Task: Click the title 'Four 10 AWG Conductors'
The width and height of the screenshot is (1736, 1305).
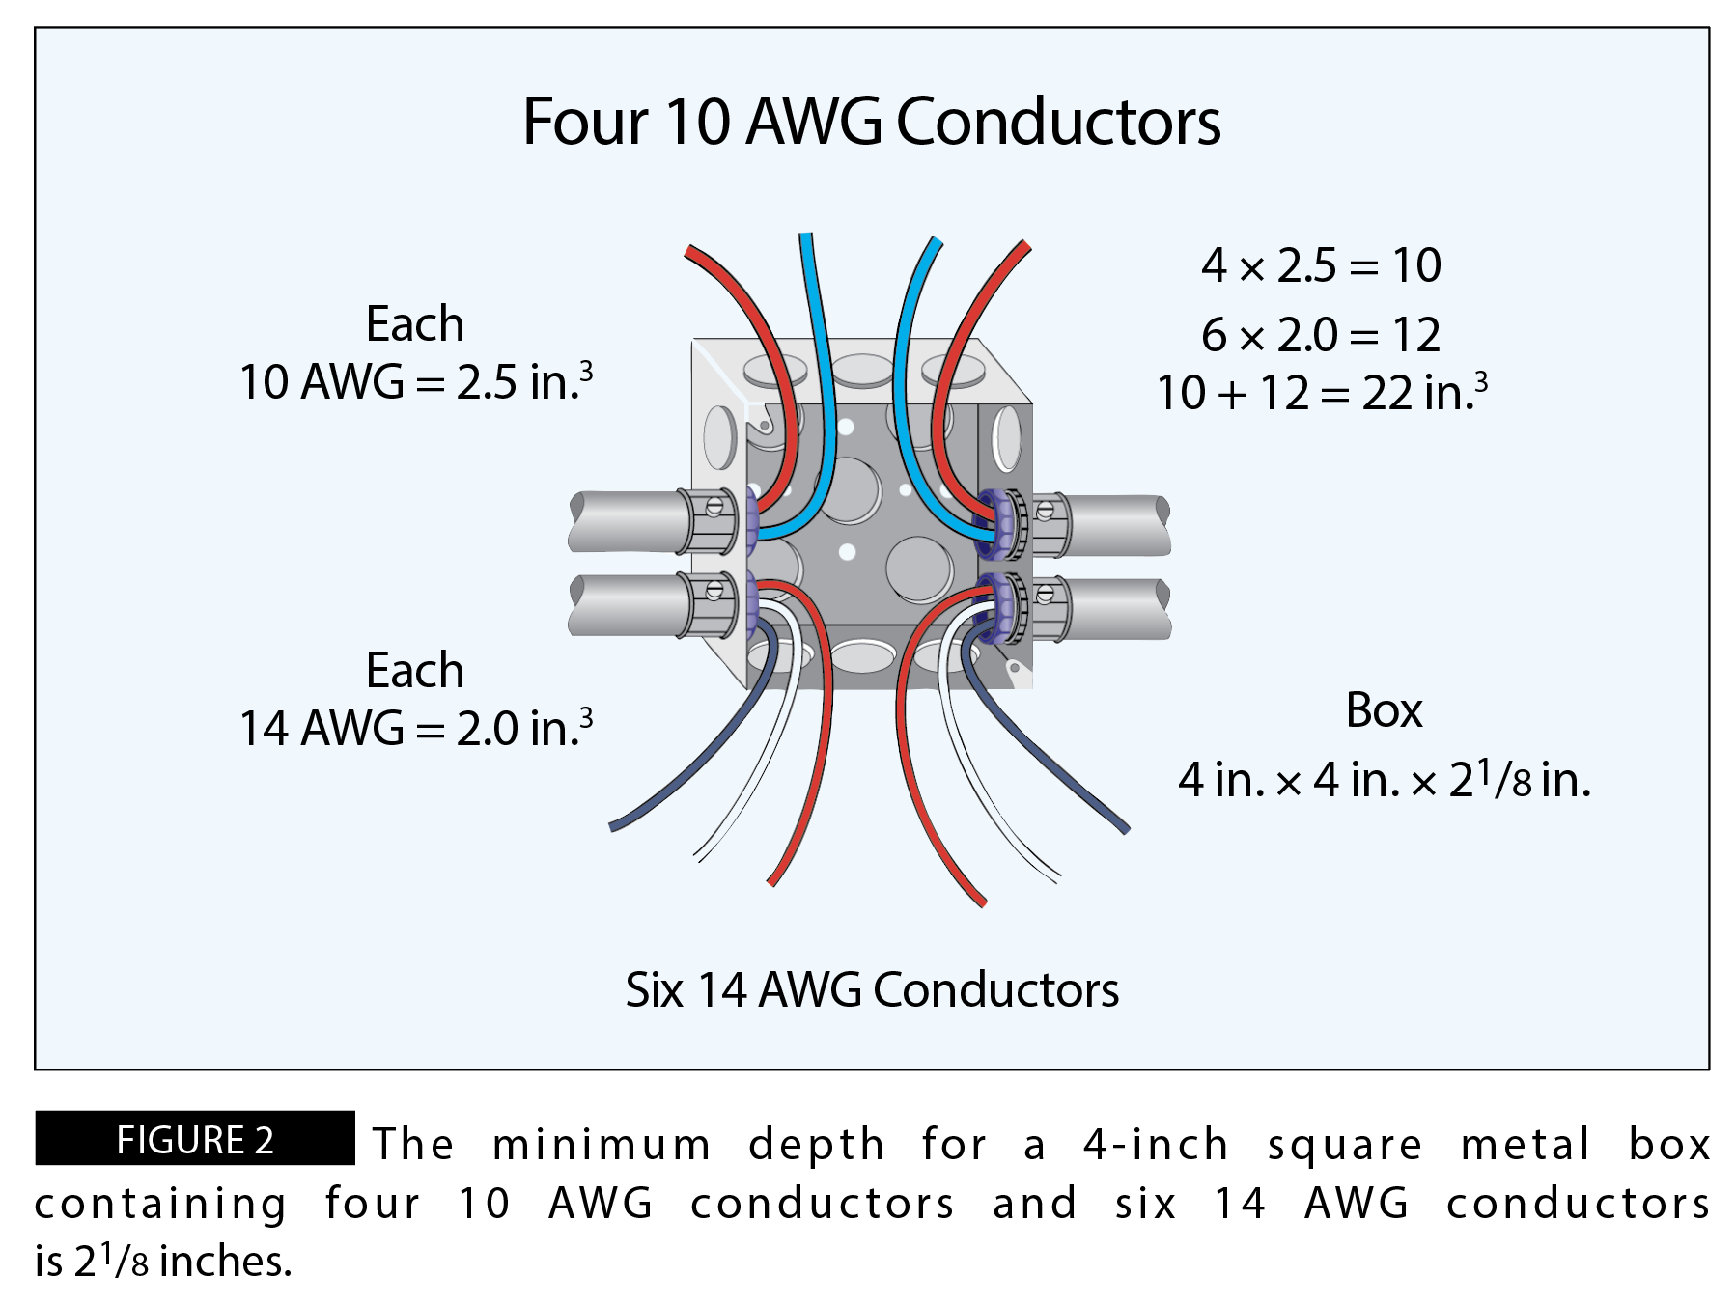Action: [x=871, y=123]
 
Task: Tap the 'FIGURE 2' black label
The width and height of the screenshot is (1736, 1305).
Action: [x=195, y=1140]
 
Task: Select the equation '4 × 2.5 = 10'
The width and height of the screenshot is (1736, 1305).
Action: [x=1321, y=265]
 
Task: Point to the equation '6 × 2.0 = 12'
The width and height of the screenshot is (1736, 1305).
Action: [x=1321, y=336]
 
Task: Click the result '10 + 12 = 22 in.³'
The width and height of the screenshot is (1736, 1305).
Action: [x=1321, y=393]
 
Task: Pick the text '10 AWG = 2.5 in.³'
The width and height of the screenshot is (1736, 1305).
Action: [x=415, y=382]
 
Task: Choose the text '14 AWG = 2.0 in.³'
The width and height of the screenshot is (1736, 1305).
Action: [x=415, y=729]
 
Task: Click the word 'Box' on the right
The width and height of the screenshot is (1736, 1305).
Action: [x=1384, y=711]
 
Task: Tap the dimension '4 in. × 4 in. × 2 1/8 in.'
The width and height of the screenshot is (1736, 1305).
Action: [x=1384, y=780]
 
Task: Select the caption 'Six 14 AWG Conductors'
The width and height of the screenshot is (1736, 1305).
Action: [x=871, y=990]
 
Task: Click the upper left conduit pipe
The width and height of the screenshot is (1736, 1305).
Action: [x=623, y=522]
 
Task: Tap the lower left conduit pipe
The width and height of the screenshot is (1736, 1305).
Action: [x=623, y=605]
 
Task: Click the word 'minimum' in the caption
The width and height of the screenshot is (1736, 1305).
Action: [x=602, y=1146]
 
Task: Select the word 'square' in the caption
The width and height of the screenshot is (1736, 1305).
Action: [x=1344, y=1146]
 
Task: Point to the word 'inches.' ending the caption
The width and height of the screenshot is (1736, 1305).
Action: [x=225, y=1262]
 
